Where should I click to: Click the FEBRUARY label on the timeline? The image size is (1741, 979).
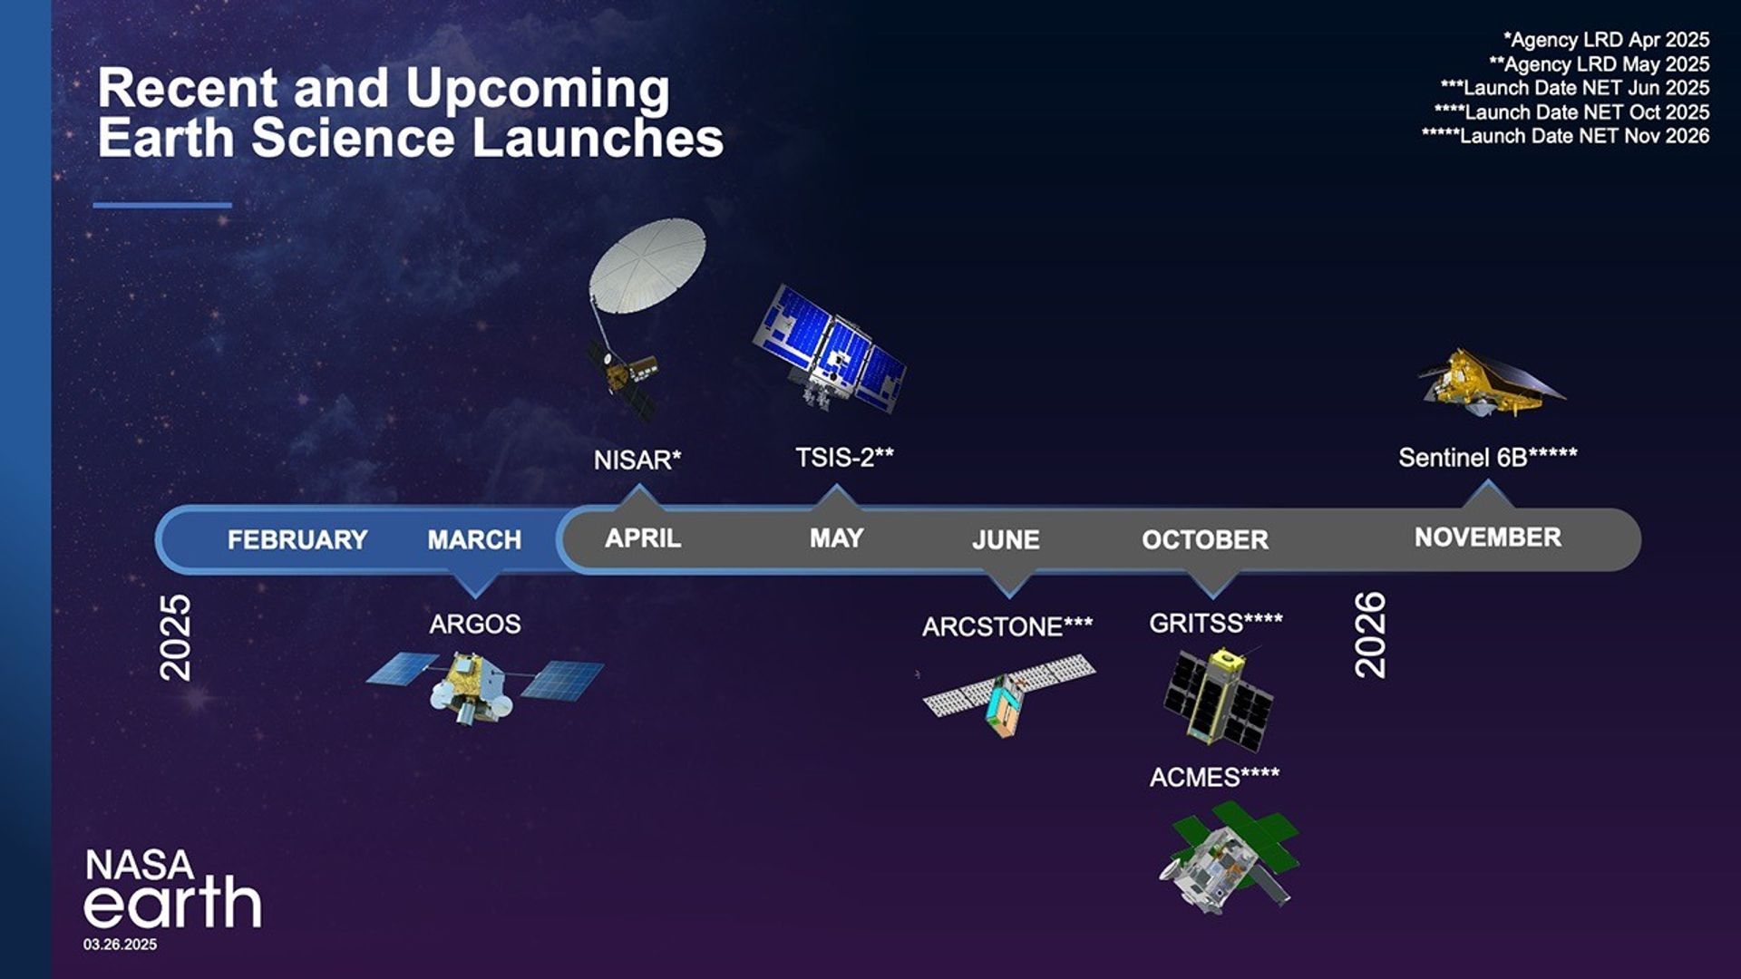click(297, 540)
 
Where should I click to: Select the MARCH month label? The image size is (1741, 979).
click(474, 540)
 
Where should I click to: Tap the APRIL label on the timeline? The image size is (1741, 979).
click(643, 538)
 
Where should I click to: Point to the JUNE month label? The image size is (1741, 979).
click(1006, 540)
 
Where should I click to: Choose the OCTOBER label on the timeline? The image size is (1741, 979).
click(1204, 540)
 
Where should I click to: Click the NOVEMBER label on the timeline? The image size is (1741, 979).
click(1487, 538)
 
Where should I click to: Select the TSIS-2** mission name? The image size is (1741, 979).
click(844, 458)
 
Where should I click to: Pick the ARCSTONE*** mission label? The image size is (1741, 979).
click(1007, 627)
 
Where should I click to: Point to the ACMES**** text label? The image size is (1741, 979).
click(1214, 778)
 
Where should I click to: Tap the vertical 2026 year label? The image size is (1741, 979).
click(1370, 635)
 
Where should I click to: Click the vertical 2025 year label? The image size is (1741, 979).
click(175, 637)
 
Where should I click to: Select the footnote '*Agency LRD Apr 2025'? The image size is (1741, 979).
click(1606, 40)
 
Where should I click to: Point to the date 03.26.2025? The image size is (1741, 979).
click(121, 945)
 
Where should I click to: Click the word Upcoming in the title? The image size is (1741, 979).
click(537, 89)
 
